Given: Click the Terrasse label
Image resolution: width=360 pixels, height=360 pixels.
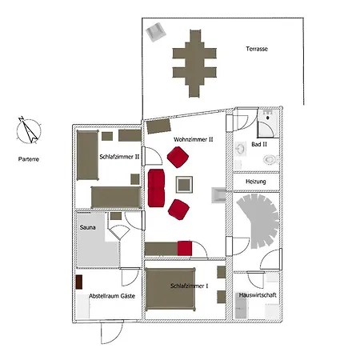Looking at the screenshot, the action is click(x=257, y=49).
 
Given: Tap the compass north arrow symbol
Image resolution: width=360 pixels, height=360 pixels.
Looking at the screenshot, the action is click(x=29, y=130).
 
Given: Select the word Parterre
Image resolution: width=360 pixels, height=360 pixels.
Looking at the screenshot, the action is click(x=29, y=159).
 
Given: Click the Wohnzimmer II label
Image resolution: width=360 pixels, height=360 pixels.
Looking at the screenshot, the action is click(x=194, y=139).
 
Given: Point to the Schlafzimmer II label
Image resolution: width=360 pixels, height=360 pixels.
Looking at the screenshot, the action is click(x=119, y=157).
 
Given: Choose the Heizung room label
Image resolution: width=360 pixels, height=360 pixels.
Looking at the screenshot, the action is click(x=256, y=182).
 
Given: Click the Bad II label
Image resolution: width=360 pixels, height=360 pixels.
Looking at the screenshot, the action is click(x=259, y=144).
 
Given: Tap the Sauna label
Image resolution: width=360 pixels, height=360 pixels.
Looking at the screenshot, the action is click(x=87, y=227).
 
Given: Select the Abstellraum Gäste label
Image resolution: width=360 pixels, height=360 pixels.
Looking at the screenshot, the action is click(x=112, y=296).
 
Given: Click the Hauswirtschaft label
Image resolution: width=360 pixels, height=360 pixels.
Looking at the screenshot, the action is click(x=258, y=295).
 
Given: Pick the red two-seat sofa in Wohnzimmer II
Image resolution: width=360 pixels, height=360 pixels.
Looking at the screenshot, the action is click(x=156, y=188).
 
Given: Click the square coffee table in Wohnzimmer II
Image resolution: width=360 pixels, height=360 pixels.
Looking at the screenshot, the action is click(x=184, y=185).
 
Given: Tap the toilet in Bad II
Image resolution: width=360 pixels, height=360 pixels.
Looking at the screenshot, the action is click(x=270, y=159).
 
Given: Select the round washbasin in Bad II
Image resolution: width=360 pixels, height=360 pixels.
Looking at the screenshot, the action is click(x=241, y=149).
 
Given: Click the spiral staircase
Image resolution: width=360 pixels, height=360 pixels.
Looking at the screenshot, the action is click(x=258, y=221).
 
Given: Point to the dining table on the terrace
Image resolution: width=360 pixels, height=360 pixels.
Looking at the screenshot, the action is click(x=194, y=63).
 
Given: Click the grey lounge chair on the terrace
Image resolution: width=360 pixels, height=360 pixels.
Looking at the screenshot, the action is click(x=156, y=32).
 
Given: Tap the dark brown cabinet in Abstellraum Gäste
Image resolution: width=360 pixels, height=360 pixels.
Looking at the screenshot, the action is click(x=79, y=282).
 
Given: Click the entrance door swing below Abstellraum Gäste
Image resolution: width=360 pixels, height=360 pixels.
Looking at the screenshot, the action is click(x=112, y=334).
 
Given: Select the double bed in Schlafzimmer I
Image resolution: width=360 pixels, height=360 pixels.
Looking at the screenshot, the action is click(x=170, y=290).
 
